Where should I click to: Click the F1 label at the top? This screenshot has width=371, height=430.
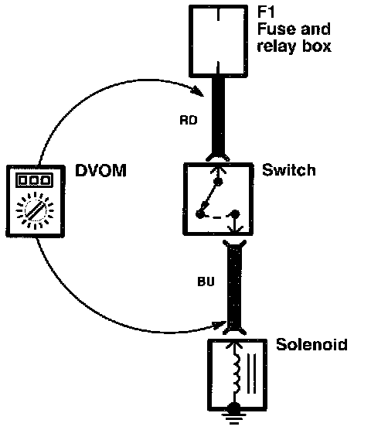(265, 12)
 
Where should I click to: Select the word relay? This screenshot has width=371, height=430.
(276, 46)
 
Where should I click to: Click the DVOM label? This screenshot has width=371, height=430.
(100, 170)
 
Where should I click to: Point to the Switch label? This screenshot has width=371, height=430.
(289, 170)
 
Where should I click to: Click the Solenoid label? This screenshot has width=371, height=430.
(311, 344)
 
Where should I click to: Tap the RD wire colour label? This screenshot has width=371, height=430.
(189, 120)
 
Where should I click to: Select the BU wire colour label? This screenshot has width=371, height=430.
(206, 282)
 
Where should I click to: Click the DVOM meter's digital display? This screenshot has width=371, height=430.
(35, 180)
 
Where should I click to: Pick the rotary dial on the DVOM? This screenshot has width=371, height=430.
(35, 210)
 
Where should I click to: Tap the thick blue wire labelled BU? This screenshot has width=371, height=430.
(234, 285)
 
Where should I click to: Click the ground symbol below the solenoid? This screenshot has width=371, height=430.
(233, 416)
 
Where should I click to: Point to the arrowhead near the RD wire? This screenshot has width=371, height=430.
(199, 91)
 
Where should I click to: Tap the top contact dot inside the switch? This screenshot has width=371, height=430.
(219, 181)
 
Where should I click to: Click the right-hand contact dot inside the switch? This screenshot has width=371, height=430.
(235, 213)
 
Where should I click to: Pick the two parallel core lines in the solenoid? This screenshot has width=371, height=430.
(251, 374)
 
